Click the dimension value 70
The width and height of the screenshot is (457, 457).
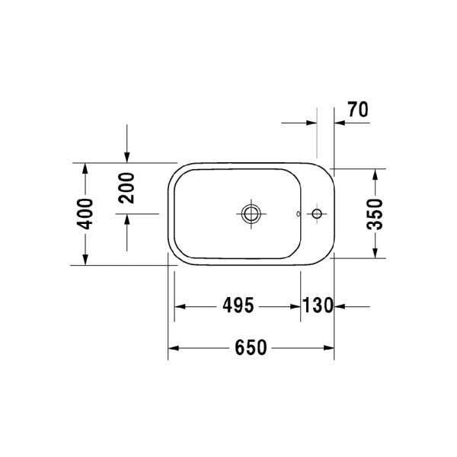click(357, 110)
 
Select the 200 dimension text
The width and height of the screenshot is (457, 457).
click(126, 187)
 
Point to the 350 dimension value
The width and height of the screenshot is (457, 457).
click(375, 214)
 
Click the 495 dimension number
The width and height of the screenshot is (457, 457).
click(238, 306)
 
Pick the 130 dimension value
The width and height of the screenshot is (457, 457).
click(318, 306)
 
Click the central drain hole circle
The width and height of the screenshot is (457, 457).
click(251, 213)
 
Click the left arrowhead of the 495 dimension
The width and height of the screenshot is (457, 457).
click(181, 306)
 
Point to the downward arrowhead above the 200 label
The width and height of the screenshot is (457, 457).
click(126, 158)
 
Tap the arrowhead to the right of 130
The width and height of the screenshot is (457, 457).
click(340, 306)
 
